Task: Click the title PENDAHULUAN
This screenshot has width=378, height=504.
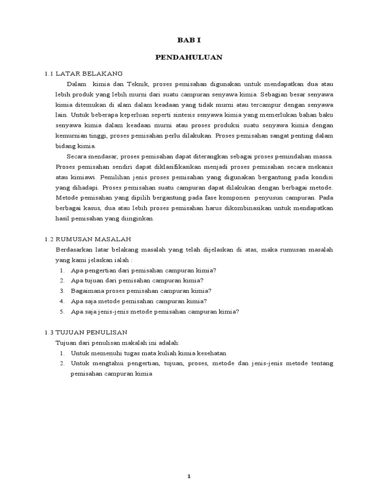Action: point(189,58)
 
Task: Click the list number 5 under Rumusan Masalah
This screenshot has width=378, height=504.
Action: point(63,312)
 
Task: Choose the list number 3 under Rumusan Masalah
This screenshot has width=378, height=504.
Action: point(63,291)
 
